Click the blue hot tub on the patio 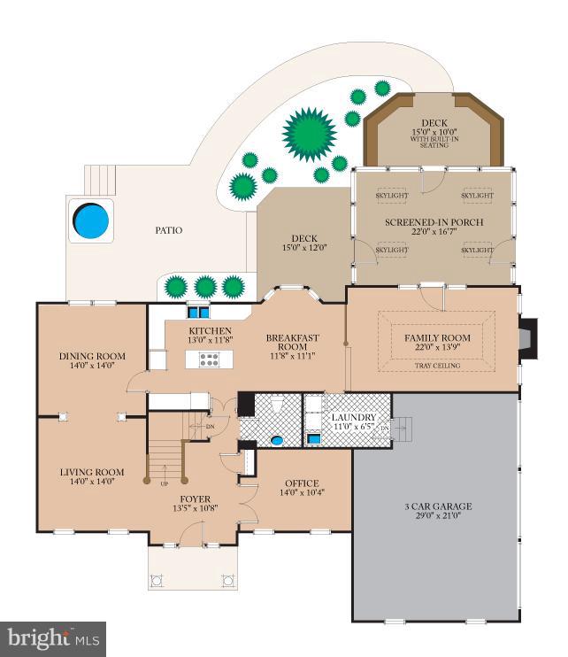(x=91, y=220)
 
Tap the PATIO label (x=169, y=230)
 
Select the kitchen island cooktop (x=209, y=359)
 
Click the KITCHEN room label (x=210, y=330)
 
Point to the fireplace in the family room (x=528, y=338)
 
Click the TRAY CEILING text (x=437, y=366)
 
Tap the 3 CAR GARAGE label (x=438, y=506)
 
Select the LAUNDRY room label (x=354, y=417)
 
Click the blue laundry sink (x=313, y=438)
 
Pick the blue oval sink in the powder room (x=277, y=440)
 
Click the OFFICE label (x=302, y=483)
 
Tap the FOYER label (x=195, y=499)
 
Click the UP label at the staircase (x=165, y=483)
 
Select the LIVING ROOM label (x=92, y=472)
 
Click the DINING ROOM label (x=92, y=356)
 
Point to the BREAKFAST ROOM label (x=293, y=342)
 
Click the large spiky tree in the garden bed (x=310, y=134)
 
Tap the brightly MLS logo (x=53, y=640)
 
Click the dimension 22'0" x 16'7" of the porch (x=434, y=231)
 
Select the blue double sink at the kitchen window (x=198, y=313)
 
